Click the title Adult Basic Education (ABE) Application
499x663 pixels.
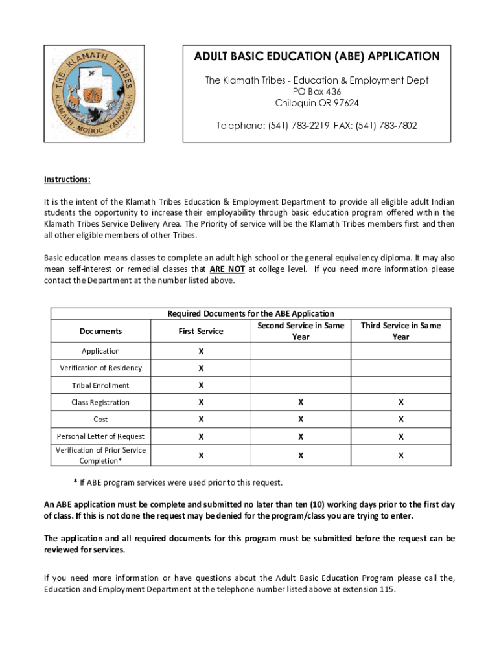tap(317, 57)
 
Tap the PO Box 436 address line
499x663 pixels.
tap(317, 92)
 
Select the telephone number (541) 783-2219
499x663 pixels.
tap(296, 126)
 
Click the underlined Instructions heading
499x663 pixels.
tap(67, 179)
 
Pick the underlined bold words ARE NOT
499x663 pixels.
tap(227, 269)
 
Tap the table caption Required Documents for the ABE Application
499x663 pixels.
tap(251, 314)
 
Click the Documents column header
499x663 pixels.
tap(100, 331)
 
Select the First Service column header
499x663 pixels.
tap(201, 331)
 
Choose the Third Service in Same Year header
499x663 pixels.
tap(400, 331)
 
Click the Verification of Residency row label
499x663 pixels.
tap(100, 368)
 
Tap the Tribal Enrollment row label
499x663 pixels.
tap(100, 385)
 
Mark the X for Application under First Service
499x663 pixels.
tap(201, 351)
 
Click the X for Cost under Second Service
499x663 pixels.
tap(301, 420)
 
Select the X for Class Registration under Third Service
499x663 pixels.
tap(400, 403)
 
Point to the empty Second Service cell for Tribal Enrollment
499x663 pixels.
tap(301, 385)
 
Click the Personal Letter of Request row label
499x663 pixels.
tap(100, 436)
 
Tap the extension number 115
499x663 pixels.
tap(386, 590)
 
